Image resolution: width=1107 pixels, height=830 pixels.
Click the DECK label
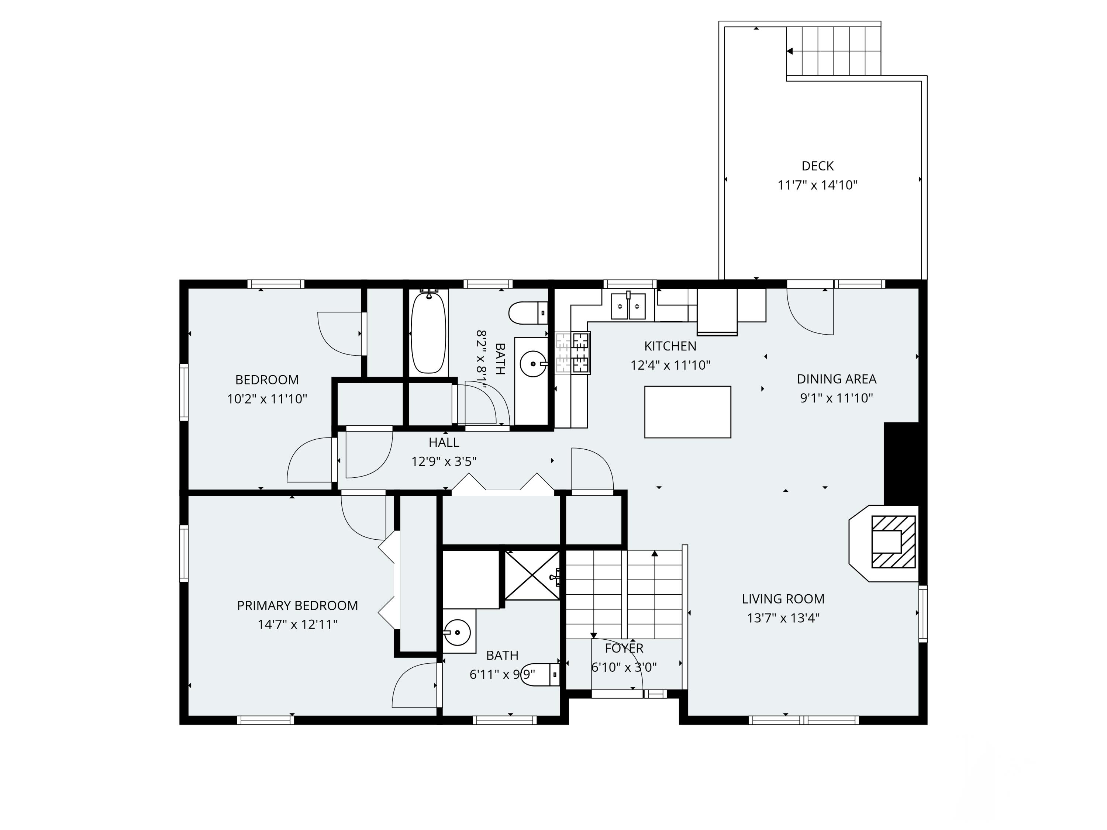click(x=817, y=166)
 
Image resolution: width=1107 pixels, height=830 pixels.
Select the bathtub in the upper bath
click(x=428, y=333)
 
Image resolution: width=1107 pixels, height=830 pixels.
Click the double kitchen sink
click(x=628, y=306)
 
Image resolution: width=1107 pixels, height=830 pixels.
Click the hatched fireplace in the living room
click(x=893, y=542)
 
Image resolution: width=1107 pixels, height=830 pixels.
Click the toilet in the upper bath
click(x=528, y=313)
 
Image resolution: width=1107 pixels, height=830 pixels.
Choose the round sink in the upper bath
click(x=532, y=364)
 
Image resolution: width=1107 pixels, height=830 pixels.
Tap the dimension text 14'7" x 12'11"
click(x=297, y=625)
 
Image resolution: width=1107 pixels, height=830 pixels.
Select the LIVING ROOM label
click(x=783, y=599)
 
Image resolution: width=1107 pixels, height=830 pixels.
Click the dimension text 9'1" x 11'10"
click(x=836, y=398)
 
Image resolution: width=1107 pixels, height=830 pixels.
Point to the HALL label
click(x=444, y=442)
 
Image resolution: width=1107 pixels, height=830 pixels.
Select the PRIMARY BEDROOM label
click(x=297, y=605)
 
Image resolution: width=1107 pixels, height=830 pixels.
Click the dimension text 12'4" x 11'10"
click(x=670, y=365)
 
